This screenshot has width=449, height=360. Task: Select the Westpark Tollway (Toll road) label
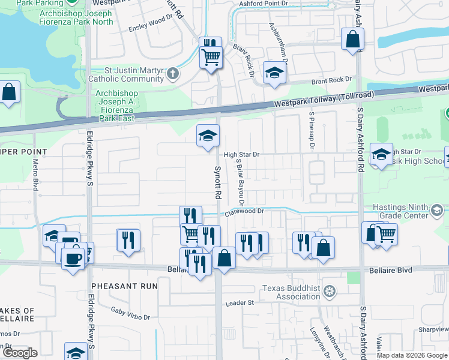(324, 100)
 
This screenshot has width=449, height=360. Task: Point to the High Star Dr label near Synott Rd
(241, 154)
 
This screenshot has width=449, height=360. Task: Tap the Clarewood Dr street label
(244, 211)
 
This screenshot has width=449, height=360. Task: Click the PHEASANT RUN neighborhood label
(124, 286)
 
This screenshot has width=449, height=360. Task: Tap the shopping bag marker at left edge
(10, 93)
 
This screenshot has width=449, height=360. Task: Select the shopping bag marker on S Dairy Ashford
(352, 40)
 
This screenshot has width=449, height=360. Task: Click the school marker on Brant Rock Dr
(274, 73)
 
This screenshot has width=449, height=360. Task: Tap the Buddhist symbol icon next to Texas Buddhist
(329, 292)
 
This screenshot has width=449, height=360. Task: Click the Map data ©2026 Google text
(412, 355)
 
